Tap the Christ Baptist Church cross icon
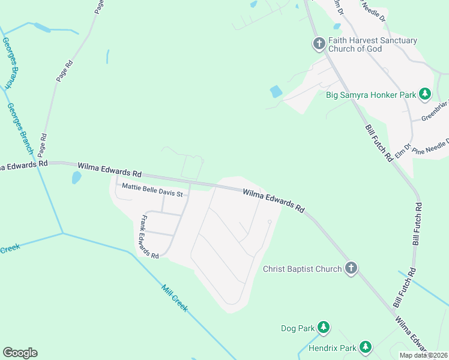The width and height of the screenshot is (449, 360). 351,269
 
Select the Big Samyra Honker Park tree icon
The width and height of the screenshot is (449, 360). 425,94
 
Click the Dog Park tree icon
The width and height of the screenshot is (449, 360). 324,327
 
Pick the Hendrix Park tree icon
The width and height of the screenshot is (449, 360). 365,347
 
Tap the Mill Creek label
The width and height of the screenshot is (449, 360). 175,298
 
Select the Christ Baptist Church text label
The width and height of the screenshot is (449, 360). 302,269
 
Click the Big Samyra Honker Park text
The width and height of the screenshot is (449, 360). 370,94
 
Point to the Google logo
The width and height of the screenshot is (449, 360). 20,353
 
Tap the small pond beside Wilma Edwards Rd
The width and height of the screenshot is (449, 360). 76,178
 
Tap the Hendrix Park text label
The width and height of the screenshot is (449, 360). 332,348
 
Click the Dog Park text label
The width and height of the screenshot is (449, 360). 297,328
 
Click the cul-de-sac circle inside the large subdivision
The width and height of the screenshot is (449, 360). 270,222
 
